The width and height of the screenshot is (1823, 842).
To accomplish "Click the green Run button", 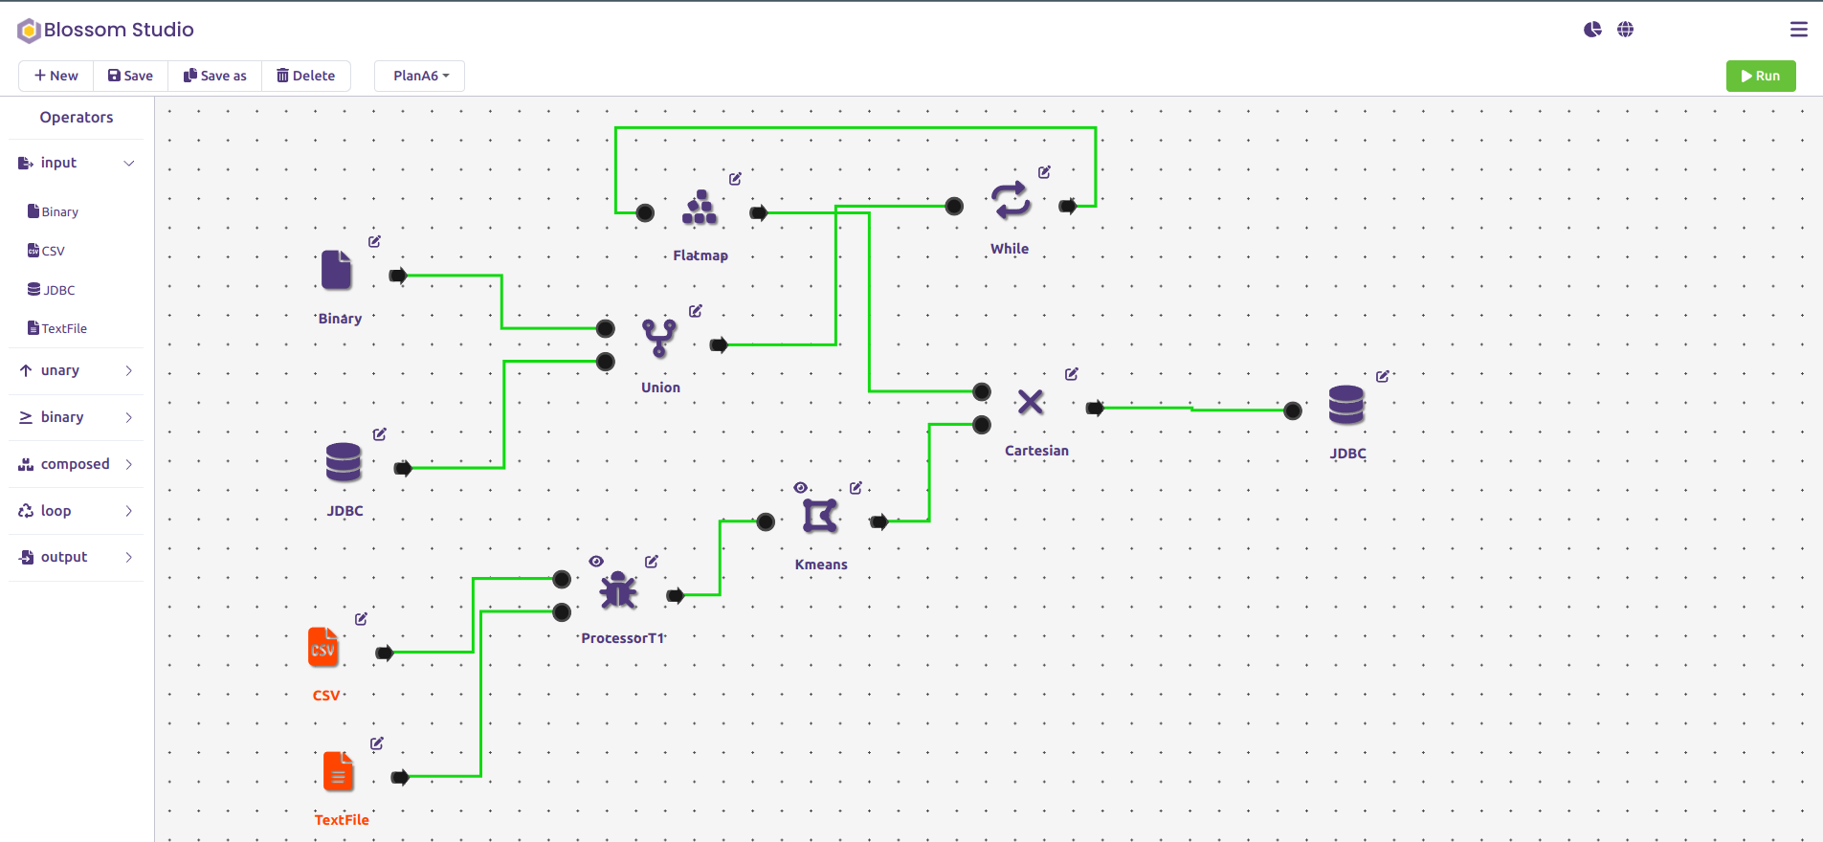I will (x=1760, y=76).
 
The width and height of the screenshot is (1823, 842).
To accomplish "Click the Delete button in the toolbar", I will (x=306, y=76).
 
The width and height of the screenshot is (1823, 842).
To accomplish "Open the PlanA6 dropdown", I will (x=420, y=76).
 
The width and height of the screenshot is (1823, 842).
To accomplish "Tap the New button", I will (x=56, y=76).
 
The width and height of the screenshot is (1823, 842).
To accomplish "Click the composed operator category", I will (x=76, y=464).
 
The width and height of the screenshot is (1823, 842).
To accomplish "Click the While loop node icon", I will (x=1011, y=201).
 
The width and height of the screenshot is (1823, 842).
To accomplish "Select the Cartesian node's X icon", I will (x=1031, y=402).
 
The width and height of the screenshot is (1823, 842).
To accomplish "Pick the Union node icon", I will (x=659, y=338).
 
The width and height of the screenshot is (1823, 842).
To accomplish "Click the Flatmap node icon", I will (x=700, y=208).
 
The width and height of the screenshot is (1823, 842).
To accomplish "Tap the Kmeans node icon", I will (x=820, y=516).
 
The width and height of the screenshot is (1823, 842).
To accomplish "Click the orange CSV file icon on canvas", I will (x=323, y=648).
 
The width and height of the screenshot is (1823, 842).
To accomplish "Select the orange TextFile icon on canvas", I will (x=338, y=772).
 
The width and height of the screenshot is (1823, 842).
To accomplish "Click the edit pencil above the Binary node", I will (x=374, y=241).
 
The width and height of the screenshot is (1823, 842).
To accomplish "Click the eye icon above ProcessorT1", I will (x=596, y=562).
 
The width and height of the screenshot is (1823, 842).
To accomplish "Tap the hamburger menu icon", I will (x=1799, y=30).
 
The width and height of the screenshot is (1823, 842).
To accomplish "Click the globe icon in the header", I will (x=1625, y=30).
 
